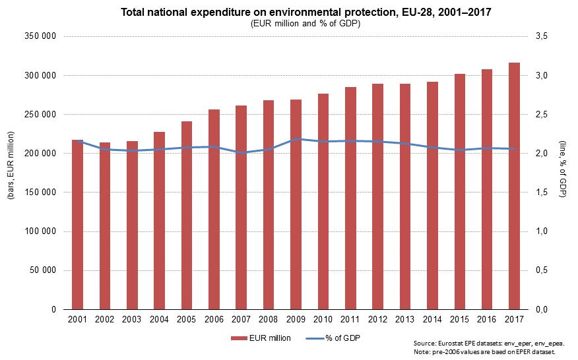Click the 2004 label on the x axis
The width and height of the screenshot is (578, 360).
coord(159,320)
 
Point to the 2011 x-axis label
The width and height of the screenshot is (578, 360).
coord(350,320)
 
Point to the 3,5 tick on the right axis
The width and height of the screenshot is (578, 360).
coord(542,36)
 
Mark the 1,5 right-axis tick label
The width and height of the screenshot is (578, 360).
coord(542,193)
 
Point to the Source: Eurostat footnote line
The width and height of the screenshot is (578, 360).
coord(488,344)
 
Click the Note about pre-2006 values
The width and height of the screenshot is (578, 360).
coord(488,352)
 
